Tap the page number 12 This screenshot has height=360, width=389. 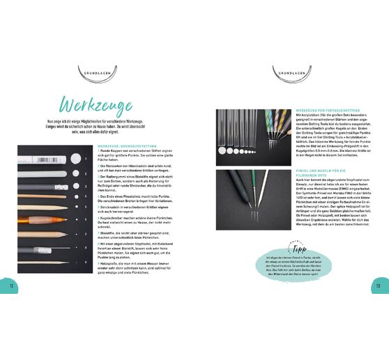(10, 286)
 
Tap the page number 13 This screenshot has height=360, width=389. (379, 286)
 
